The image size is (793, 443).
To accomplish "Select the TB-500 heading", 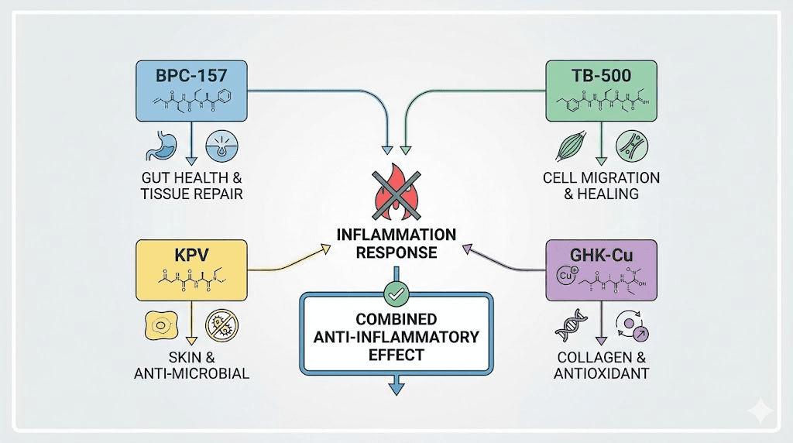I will [x=600, y=76].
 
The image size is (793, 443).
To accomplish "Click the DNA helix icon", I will [x=568, y=327].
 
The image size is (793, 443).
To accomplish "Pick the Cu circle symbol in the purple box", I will [x=565, y=275].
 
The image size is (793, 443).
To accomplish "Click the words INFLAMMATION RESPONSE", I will [x=396, y=243].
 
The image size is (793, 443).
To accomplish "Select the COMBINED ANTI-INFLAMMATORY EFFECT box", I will [x=396, y=337].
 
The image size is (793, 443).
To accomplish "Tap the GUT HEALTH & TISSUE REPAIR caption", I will [x=191, y=186].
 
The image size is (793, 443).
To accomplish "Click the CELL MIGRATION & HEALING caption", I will [x=601, y=186].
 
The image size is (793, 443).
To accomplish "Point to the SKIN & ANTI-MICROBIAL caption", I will [x=191, y=366].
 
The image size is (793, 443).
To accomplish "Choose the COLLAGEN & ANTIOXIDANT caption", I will [x=601, y=366].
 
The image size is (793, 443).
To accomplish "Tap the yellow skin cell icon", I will [x=158, y=326].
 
